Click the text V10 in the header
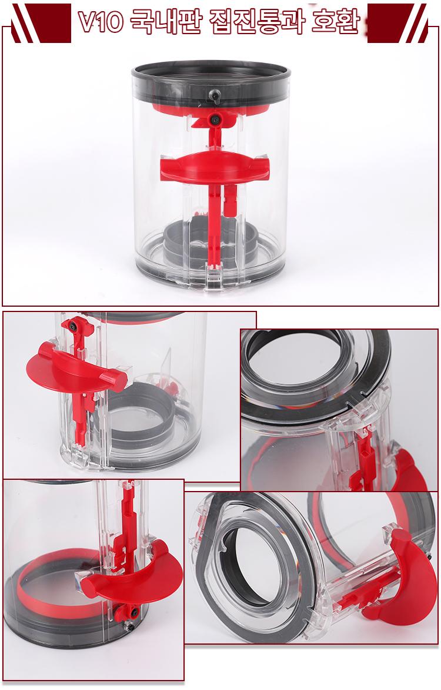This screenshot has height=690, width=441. (x=101, y=22)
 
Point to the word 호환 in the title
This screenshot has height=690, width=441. (x=336, y=21)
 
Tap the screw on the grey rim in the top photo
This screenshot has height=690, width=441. (x=214, y=95)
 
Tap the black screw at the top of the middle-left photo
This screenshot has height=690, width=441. (x=71, y=326)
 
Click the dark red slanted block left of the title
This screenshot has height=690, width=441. (x=41, y=23)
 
